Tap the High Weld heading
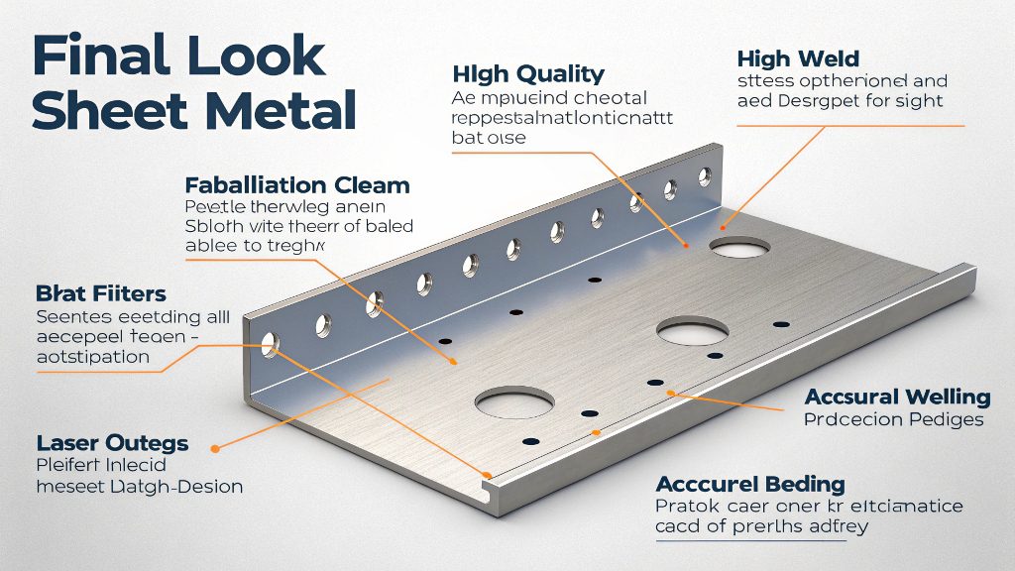tap(798, 60)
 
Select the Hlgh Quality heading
tap(527, 73)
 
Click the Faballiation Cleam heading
tap(297, 185)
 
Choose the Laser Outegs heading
tap(112, 442)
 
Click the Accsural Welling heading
tap(897, 398)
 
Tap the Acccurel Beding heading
tap(750, 484)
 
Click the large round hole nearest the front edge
tap(513, 401)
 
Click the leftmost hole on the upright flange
tap(270, 345)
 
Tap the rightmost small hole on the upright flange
tap(704, 177)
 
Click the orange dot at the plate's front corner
tap(487, 474)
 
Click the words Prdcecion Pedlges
tap(893, 419)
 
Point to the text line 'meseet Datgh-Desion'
tap(140, 487)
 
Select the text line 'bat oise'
tap(489, 138)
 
